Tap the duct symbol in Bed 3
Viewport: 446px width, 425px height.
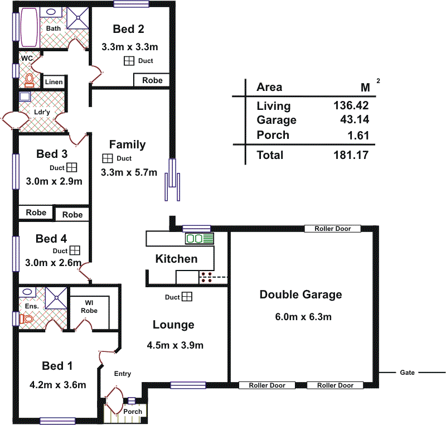72,167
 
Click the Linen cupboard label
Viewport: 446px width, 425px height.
54,82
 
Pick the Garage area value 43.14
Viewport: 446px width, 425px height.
354,120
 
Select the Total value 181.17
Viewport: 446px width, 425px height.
351,155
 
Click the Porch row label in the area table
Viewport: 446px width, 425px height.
273,135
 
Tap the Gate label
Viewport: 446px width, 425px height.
408,373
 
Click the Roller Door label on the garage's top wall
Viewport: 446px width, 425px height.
333,229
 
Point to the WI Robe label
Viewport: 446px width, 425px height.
89,307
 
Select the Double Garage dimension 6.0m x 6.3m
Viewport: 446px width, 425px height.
303,317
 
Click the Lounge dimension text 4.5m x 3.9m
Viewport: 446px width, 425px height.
175,345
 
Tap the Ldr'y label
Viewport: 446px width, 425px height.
42,110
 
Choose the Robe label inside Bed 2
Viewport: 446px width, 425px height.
152,80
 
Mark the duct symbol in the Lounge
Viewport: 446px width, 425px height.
187,297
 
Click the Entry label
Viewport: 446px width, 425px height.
122,374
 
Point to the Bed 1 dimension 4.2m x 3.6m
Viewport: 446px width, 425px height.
58,385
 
